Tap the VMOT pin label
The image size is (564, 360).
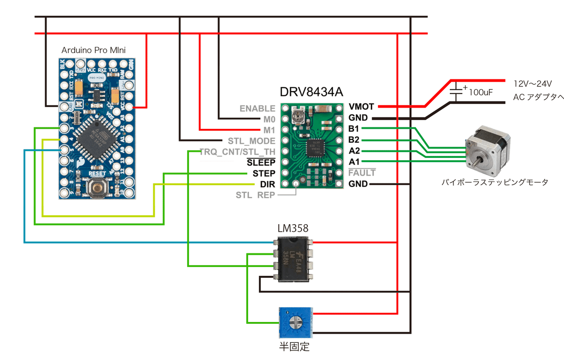point(361,107)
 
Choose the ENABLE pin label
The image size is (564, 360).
point(257,109)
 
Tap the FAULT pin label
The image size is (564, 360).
point(362,173)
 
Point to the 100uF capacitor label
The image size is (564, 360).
point(480,93)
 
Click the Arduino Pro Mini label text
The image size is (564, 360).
point(94,50)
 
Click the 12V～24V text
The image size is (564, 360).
point(532,83)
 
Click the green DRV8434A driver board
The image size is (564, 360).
point(311,146)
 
